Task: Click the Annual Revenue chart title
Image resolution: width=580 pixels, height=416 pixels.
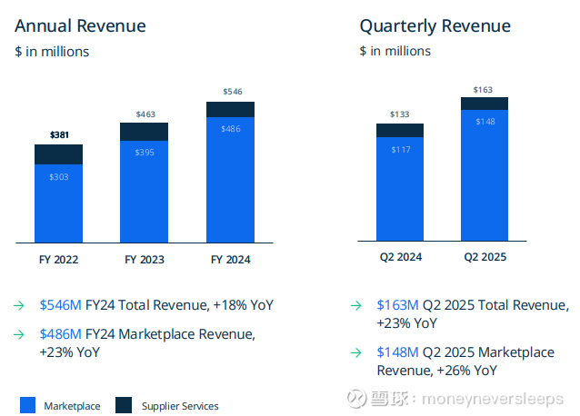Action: tap(80, 25)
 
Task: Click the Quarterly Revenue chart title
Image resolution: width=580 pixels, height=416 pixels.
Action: tap(435, 25)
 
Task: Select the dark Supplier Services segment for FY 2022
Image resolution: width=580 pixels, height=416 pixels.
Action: tap(58, 154)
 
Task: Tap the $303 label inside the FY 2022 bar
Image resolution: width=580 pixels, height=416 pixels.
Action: tap(58, 177)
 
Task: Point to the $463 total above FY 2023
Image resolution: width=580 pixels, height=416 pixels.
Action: tap(145, 114)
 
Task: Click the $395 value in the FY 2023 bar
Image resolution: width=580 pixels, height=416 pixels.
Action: tap(145, 152)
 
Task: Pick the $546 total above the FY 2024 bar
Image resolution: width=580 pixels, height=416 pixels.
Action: tap(232, 92)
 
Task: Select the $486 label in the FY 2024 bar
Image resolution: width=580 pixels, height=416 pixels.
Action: tap(231, 129)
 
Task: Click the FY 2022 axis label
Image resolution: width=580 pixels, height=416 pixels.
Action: tap(58, 260)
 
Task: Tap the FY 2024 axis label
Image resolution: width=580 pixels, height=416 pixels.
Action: tap(230, 260)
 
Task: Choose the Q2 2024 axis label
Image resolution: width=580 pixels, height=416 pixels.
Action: tap(400, 258)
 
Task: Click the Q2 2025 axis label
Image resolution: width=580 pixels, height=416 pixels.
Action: tap(485, 258)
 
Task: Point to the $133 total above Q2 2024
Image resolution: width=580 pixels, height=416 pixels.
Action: tap(400, 114)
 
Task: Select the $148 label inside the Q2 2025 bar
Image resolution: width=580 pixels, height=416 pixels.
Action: tap(485, 122)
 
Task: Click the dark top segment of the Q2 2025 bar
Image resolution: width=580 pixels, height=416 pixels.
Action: tap(485, 104)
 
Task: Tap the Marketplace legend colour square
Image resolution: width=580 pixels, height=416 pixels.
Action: tap(27, 405)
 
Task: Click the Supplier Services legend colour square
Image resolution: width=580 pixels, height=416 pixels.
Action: tap(124, 405)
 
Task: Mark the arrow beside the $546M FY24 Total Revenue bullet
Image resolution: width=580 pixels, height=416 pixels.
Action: tap(19, 306)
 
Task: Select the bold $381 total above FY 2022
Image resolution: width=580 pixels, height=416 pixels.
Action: tap(59, 135)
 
